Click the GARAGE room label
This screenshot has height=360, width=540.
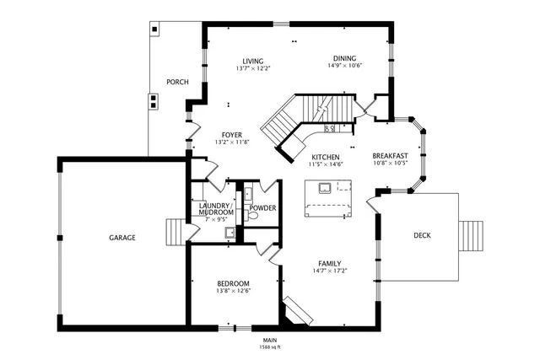click(121, 238)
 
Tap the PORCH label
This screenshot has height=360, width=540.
click(177, 82)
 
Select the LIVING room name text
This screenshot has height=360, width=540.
click(253, 62)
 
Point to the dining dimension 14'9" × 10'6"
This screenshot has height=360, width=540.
click(344, 67)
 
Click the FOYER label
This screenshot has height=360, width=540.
click(232, 135)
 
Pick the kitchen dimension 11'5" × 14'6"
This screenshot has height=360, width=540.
click(326, 164)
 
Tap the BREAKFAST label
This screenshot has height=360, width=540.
click(390, 155)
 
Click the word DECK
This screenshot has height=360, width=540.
click(422, 235)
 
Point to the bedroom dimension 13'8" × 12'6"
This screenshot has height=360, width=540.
click(233, 290)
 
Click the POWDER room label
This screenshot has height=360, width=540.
click(262, 207)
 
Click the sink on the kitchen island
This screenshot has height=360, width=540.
click(321, 187)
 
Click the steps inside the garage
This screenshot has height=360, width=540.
click(175, 231)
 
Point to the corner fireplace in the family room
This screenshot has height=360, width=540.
click(296, 311)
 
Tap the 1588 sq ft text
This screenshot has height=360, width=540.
click(270, 347)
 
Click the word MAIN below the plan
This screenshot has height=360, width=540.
click(270, 340)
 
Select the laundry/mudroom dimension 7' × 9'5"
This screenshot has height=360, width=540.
click(215, 219)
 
